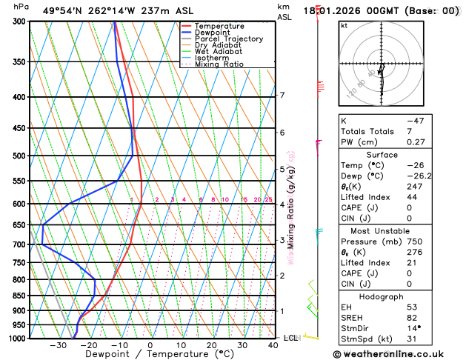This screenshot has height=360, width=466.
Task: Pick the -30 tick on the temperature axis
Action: click(x=58, y=345)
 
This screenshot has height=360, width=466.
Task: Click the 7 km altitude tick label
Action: click(x=282, y=96)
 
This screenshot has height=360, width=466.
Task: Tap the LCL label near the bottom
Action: click(x=291, y=338)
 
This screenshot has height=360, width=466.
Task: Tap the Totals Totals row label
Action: click(x=365, y=131)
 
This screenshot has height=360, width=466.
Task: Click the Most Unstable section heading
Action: click(x=399, y=231)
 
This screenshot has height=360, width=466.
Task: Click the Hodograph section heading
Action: click(x=399, y=296)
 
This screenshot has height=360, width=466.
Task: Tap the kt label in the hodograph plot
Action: click(x=344, y=25)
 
